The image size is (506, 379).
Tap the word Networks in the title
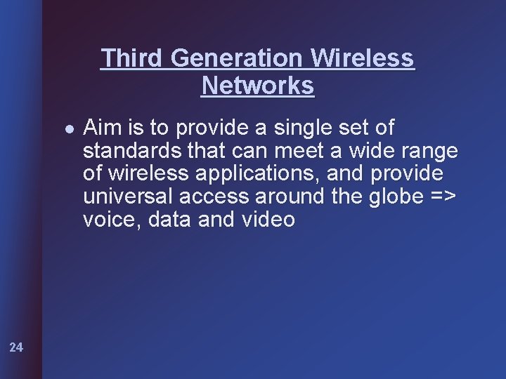[258, 86]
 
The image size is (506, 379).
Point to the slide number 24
[17, 346]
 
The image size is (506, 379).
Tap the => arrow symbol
[442, 197]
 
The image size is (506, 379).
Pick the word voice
[107, 220]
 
